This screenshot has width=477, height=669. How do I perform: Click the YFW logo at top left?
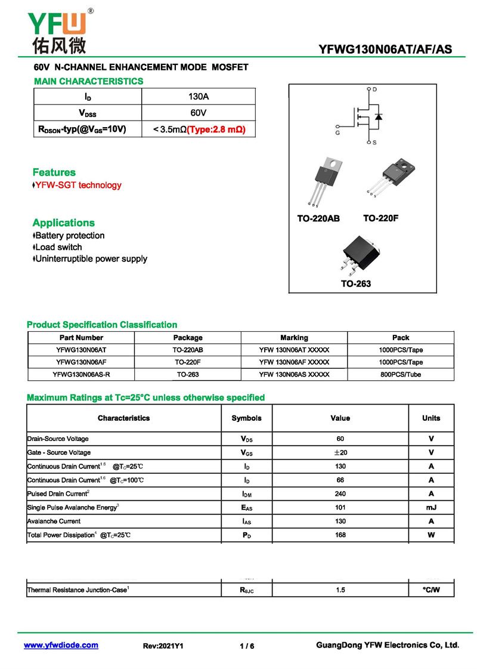58,31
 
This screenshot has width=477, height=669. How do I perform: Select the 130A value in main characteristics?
198,97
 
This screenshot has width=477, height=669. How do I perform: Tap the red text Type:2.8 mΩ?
216,129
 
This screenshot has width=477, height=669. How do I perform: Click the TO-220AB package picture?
325,179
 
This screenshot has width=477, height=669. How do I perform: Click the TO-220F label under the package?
380,218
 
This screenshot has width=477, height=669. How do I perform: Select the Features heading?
54,172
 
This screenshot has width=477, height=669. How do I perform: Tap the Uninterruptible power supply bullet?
91,258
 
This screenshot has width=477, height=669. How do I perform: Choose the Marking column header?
294,338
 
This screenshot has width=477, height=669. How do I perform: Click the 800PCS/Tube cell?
401,374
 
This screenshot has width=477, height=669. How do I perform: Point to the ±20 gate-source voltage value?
340,452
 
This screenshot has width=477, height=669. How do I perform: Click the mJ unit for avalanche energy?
431,507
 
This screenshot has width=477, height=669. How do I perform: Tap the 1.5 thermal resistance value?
340,590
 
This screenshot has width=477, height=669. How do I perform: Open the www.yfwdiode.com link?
61,645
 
